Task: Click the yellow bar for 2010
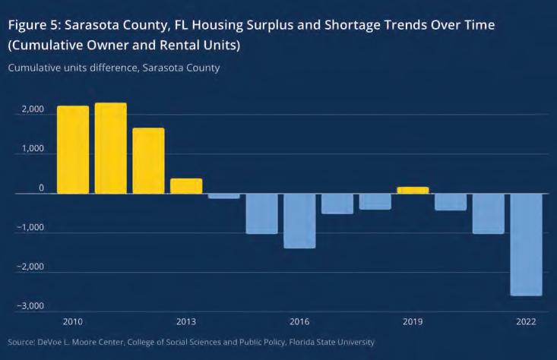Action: [x=73, y=150]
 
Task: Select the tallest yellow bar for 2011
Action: [x=111, y=148]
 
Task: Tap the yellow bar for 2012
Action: [x=148, y=161]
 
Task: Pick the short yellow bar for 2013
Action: [x=186, y=186]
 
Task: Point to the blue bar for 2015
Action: [x=261, y=213]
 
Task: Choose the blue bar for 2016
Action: [x=299, y=221]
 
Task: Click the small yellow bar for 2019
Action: [x=413, y=190]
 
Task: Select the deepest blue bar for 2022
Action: [x=526, y=245]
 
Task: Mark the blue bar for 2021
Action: [x=488, y=213]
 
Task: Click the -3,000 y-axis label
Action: [x=29, y=305]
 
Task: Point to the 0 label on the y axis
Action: [x=41, y=188]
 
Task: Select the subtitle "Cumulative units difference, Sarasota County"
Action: [x=114, y=68]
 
